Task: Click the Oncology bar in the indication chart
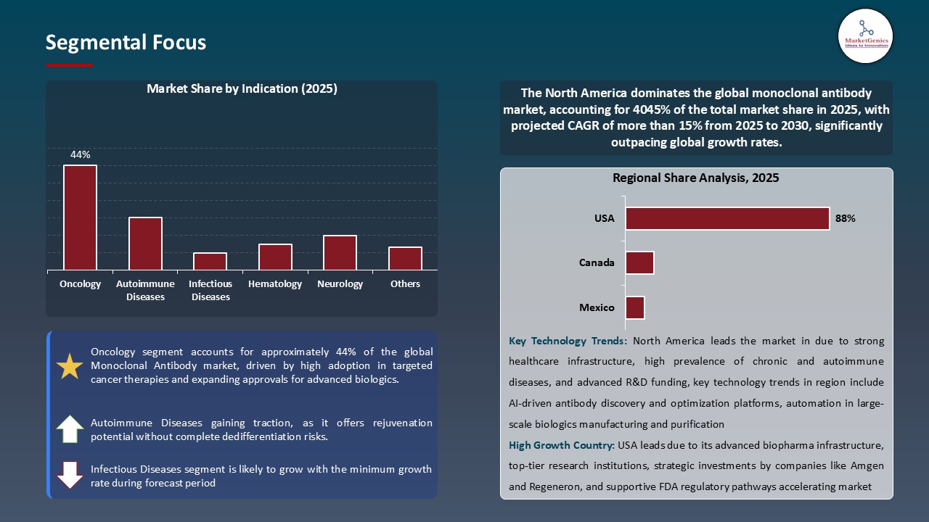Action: [x=80, y=217]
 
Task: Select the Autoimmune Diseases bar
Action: [x=145, y=244]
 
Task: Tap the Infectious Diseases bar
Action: [x=210, y=261]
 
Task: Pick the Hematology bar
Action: [x=275, y=257]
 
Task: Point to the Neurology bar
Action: [x=340, y=252]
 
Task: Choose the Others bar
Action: [x=405, y=258]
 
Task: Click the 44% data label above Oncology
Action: [x=80, y=154]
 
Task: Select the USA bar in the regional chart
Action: [x=727, y=219]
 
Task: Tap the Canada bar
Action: [x=639, y=262]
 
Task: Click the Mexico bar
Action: [x=635, y=307]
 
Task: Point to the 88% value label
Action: [x=846, y=218]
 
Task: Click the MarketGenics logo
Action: [x=865, y=35]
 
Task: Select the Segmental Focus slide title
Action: [x=126, y=43]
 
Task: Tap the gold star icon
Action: [x=70, y=367]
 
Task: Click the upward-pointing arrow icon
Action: [x=70, y=429]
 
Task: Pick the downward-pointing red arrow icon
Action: [x=70, y=475]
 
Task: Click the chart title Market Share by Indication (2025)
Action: [x=242, y=89]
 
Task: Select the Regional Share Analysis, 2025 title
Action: [x=695, y=178]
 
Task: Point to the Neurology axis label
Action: [x=340, y=284]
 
